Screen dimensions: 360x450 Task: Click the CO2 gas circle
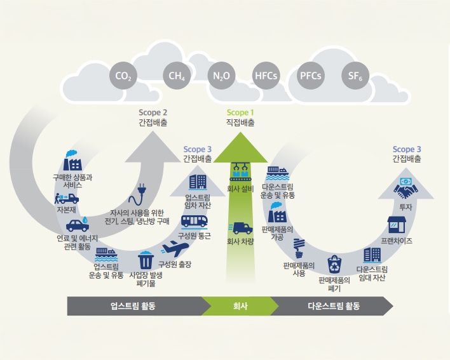point(123,77)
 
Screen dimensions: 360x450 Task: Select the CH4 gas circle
point(177,77)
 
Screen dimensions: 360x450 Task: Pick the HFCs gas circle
point(266,77)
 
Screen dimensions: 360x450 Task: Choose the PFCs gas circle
point(311,77)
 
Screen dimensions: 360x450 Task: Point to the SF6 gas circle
point(355,77)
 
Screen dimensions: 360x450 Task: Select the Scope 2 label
point(153,113)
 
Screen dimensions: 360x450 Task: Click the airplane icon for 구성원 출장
point(175,248)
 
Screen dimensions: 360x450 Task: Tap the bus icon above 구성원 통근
point(194,220)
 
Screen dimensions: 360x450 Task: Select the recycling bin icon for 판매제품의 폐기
point(335,263)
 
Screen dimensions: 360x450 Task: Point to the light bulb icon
point(297,245)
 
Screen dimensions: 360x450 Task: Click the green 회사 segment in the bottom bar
point(240,306)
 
